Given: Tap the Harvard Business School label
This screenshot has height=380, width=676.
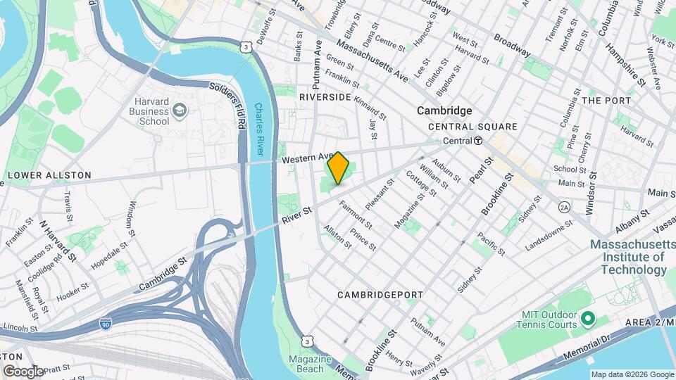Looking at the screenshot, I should (x=149, y=110).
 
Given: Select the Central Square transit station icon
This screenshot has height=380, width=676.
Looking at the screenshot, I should (x=478, y=141).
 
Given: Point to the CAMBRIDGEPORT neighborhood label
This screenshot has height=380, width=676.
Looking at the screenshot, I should (x=380, y=295).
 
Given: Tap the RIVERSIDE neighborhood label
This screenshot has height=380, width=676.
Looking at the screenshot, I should (x=325, y=96).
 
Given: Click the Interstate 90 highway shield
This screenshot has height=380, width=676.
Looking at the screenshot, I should (x=105, y=324).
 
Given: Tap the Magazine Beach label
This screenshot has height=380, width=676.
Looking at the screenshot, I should (x=310, y=364).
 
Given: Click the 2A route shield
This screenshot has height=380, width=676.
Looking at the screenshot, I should (x=563, y=207).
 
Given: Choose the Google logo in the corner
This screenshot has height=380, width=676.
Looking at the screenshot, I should (x=23, y=371).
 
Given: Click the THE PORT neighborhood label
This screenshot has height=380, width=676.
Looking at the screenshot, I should (x=606, y=101).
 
